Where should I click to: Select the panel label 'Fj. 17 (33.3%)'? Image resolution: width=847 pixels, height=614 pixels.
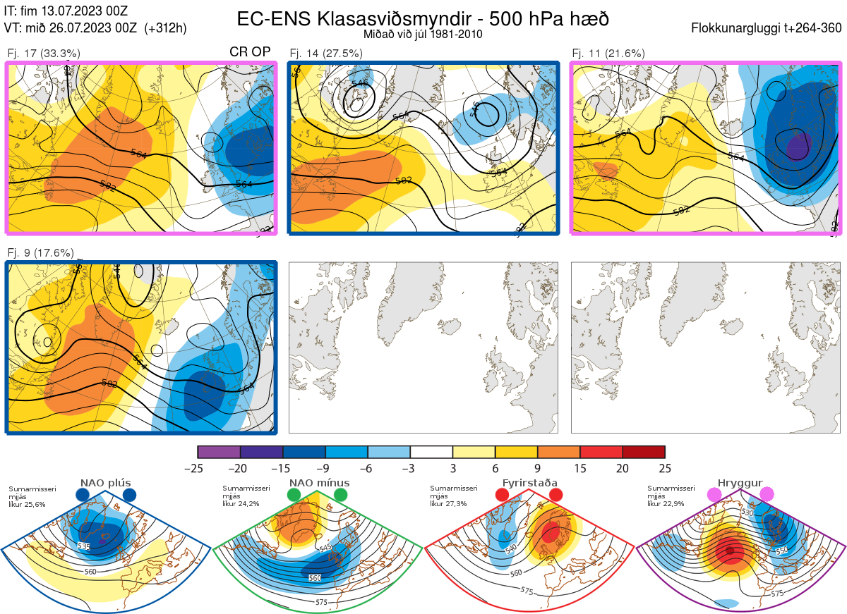pos(43,53)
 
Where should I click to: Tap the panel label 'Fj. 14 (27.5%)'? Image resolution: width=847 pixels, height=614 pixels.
pos(326,53)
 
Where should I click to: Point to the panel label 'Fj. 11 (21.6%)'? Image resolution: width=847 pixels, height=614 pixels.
pos(608,53)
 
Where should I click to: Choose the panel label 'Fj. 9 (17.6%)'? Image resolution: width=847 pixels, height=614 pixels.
pos(40,252)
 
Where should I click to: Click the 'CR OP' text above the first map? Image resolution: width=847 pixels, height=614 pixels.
pos(250,52)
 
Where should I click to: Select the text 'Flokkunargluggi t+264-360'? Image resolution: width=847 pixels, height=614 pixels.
pos(768,28)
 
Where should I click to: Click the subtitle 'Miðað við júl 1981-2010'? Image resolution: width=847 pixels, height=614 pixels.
pos(423,34)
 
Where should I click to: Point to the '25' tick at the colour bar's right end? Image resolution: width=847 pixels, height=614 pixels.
pos(664,468)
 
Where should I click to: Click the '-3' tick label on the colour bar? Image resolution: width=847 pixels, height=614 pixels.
pos(410,468)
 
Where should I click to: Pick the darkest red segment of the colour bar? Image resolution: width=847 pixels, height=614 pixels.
pos(643,452)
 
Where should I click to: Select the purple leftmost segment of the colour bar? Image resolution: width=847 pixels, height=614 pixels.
pos(220,452)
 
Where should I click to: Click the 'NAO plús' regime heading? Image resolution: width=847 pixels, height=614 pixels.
pos(105,483)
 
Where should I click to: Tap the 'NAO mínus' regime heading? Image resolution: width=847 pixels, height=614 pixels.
pos(318,483)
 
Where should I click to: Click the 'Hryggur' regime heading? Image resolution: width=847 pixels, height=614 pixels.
pos(740,483)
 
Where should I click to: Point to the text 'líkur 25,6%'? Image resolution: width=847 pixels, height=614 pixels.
pos(27,504)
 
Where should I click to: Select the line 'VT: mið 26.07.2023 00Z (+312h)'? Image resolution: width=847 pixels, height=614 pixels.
pos(95,28)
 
